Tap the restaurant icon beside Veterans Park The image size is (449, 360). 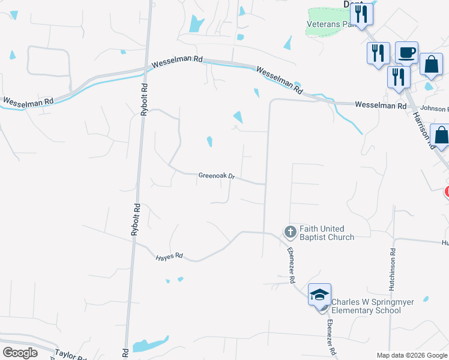tap(361, 13)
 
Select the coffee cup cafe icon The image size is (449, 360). tap(406, 52)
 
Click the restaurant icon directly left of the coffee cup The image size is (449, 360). tap(378, 54)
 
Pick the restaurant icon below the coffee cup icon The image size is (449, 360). tap(399, 77)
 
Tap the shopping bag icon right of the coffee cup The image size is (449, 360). tap(431, 64)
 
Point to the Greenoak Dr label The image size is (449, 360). tap(216, 176)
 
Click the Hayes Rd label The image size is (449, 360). tap(169, 256)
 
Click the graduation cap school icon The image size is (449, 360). tap(319, 295)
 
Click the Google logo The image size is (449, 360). tap(20, 352)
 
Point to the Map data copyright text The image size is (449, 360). tap(411, 355)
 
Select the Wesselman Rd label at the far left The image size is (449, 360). tap(28, 101)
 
